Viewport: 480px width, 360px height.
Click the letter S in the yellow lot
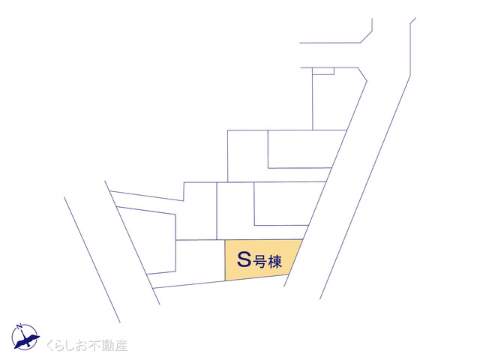tap(244, 259)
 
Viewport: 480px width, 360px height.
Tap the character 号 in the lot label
tap(259, 262)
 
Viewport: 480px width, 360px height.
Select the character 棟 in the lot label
tap(274, 262)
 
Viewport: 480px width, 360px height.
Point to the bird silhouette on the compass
tap(27, 340)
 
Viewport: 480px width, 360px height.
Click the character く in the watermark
tap(51, 346)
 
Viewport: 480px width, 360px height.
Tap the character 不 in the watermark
tap(93, 346)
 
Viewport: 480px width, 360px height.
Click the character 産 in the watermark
tap(121, 346)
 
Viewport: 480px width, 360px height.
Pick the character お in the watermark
tap(80, 346)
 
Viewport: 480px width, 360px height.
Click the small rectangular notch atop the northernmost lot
tap(323, 70)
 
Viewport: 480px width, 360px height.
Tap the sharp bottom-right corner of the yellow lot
tap(289, 274)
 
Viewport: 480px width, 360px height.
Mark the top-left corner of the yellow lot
tap(225, 240)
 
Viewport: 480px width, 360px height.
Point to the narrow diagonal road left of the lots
tap(112, 251)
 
